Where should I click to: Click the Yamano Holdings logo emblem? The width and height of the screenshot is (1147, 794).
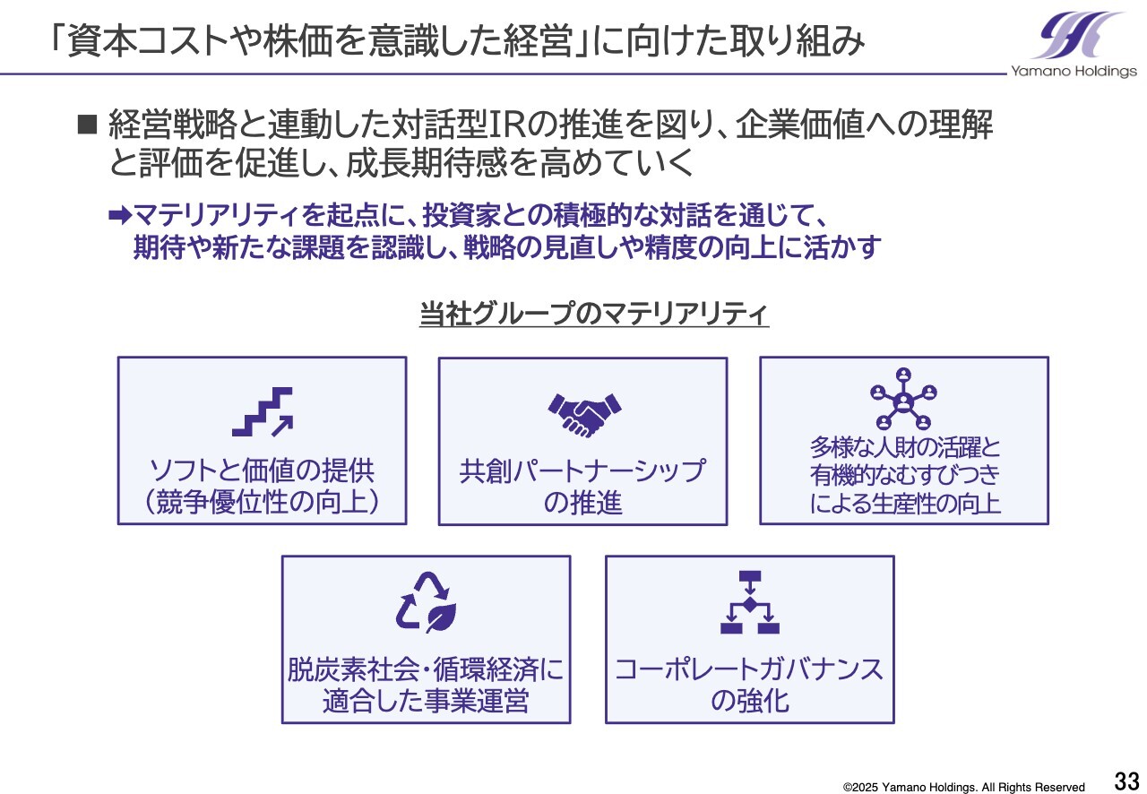(1077, 35)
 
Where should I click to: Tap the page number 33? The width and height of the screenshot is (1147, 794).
(1126, 781)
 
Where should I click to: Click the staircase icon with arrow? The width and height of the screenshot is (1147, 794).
(263, 412)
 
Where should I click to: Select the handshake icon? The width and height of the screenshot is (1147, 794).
(584, 415)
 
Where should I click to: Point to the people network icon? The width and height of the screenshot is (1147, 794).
(903, 399)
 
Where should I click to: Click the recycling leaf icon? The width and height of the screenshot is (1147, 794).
(426, 602)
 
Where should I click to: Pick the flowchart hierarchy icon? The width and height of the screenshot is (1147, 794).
(750, 602)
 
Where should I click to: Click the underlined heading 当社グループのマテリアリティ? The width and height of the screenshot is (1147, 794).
(594, 314)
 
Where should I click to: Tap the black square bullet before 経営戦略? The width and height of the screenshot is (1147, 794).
(87, 125)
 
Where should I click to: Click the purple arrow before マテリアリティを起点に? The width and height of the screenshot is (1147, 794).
(121, 215)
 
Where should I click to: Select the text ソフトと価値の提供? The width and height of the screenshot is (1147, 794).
(262, 470)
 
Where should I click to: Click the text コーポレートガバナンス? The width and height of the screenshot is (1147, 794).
(749, 669)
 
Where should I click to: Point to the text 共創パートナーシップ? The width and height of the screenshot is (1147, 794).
(582, 470)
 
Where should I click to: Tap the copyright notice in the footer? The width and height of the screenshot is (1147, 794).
(963, 787)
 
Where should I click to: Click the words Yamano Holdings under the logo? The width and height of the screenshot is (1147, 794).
(1074, 71)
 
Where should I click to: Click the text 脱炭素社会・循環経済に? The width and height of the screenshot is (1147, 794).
(426, 669)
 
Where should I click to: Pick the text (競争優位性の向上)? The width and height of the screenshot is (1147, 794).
(262, 502)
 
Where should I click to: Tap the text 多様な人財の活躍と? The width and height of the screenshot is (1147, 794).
(905, 447)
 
